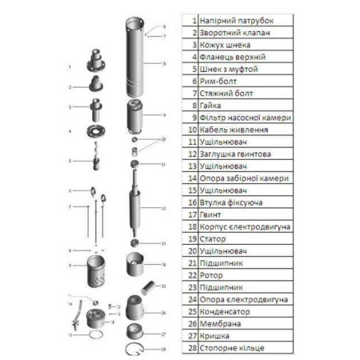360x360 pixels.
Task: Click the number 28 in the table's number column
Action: pos(191,347)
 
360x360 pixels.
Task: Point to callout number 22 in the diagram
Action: pos(163,208)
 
